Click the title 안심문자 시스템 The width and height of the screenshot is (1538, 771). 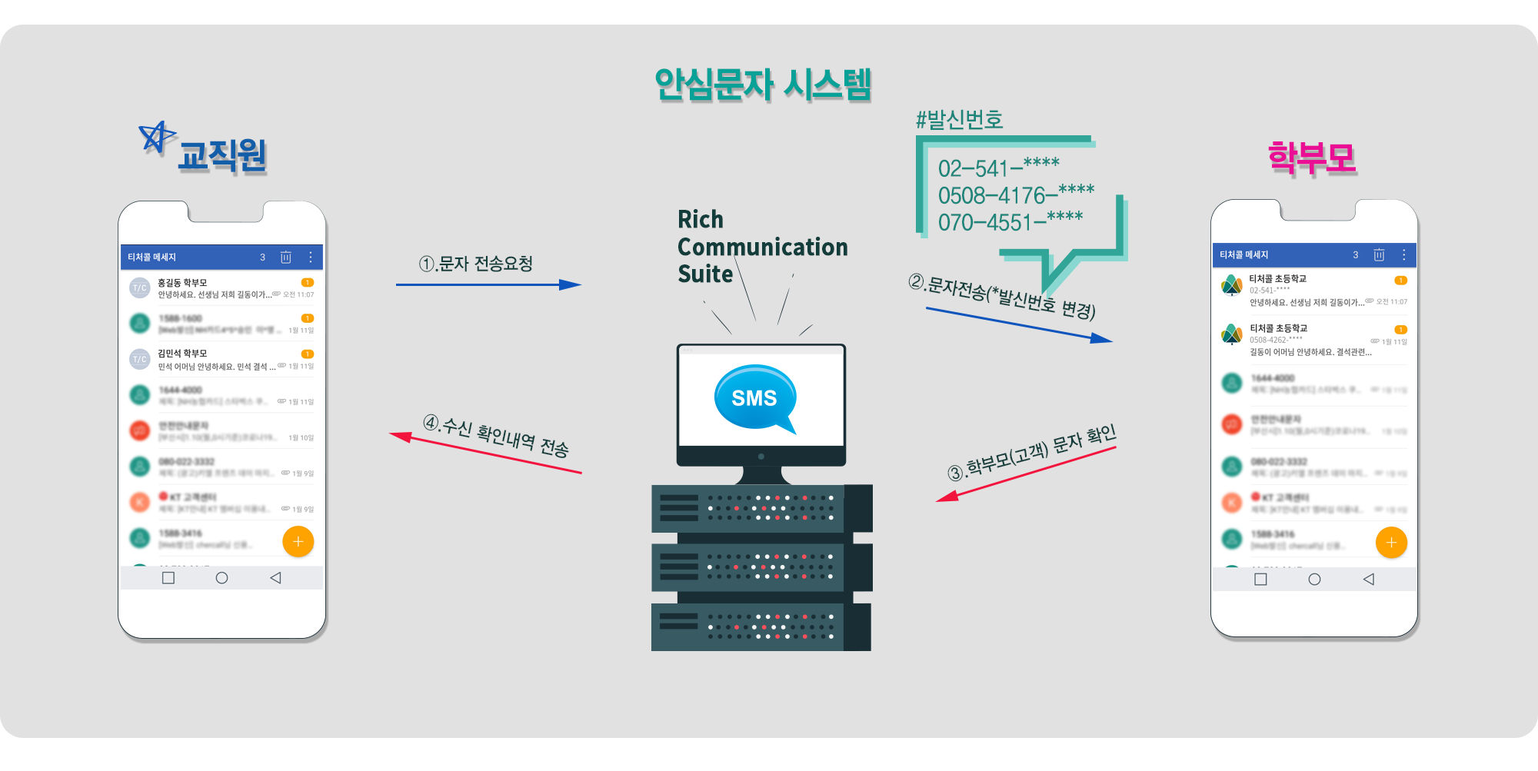pyautogui.click(x=763, y=85)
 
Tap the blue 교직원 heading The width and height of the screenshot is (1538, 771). pyautogui.click(x=222, y=156)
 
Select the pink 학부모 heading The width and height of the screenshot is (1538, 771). pyautogui.click(x=1312, y=158)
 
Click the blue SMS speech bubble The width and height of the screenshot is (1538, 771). pyautogui.click(x=754, y=397)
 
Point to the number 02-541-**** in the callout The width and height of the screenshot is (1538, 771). pyautogui.click(x=998, y=168)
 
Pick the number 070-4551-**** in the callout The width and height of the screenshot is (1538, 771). pyautogui.click(x=1010, y=222)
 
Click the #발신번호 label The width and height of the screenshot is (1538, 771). pyautogui.click(x=959, y=120)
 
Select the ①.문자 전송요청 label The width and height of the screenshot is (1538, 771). pyautogui.click(x=476, y=264)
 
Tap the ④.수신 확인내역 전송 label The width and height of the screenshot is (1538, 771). pyautogui.click(x=496, y=436)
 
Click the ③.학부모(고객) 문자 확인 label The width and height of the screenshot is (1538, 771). pyautogui.click(x=1031, y=453)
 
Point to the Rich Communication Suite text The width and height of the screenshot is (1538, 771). pyautogui.click(x=761, y=247)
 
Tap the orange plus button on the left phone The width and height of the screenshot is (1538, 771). pyautogui.click(x=298, y=542)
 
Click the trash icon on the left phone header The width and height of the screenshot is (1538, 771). pyautogui.click(x=285, y=258)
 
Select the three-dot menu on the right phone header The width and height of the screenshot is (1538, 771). pyautogui.click(x=1403, y=255)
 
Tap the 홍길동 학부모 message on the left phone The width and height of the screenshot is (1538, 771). pyautogui.click(x=223, y=288)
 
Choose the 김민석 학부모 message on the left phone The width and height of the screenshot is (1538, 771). pyautogui.click(x=223, y=360)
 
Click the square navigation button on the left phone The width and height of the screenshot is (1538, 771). pyautogui.click(x=168, y=578)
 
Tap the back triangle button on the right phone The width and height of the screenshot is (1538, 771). pyautogui.click(x=1368, y=580)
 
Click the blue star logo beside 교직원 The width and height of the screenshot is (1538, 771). pyautogui.click(x=156, y=137)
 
